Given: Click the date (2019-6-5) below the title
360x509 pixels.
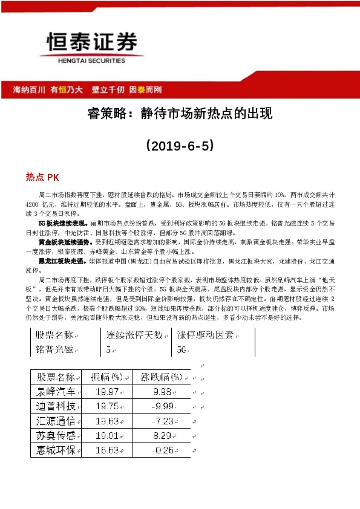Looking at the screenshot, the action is tap(179, 146).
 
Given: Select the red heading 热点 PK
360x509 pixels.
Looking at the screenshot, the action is tap(42, 177).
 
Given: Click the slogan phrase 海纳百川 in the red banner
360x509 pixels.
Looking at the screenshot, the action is tap(30, 90).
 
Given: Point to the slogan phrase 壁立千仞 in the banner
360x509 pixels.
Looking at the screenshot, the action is tap(108, 90).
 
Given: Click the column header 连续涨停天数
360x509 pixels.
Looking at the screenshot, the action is tap(134, 335).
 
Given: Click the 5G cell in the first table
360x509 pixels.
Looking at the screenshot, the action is tap(182, 349).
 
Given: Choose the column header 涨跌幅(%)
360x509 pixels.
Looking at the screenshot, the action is tap(161, 377).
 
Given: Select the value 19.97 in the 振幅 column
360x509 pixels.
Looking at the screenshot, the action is tap(106, 391).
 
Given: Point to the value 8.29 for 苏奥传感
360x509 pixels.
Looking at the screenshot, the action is tap(163, 435).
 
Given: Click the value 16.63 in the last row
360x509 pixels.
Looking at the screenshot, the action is tap(106, 450).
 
